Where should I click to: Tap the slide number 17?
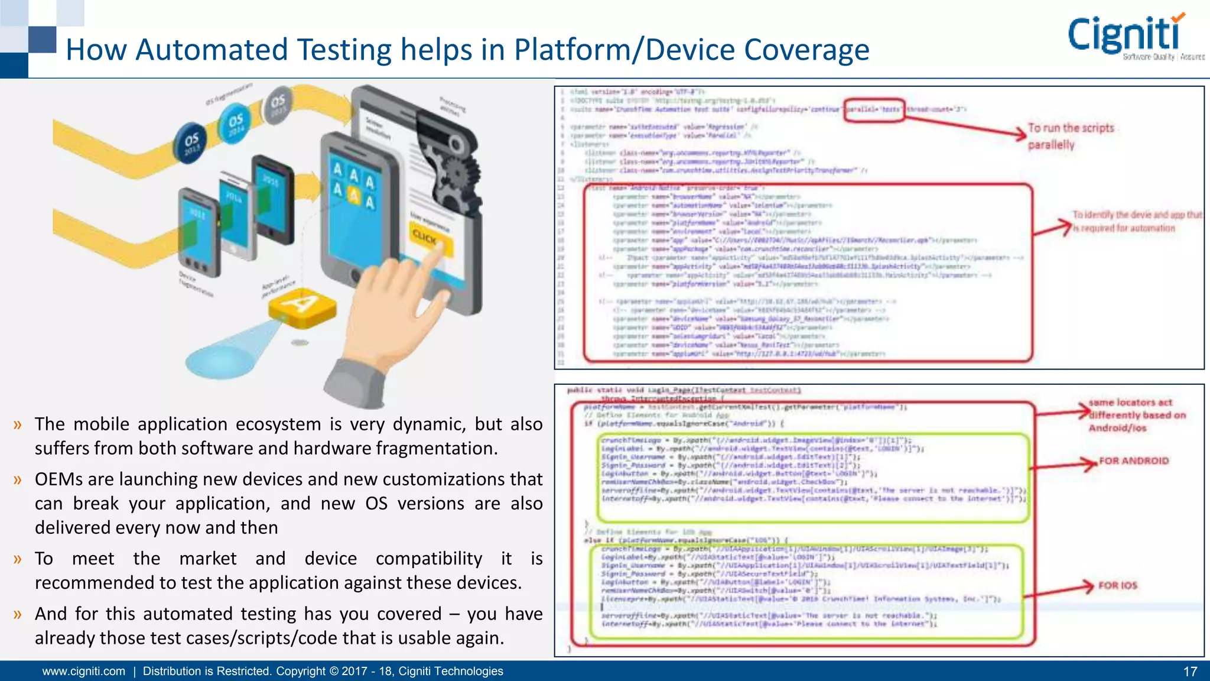(1190, 672)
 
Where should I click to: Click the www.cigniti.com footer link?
(84, 672)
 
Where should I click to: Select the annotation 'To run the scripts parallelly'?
(1070, 136)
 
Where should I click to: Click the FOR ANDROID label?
(1133, 461)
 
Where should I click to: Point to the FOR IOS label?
(1117, 586)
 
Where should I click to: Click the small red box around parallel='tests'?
(874, 110)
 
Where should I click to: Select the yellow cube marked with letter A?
(302, 306)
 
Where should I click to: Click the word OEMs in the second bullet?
(61, 479)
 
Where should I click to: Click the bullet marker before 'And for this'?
(18, 614)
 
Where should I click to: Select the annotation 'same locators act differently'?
(1137, 415)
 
